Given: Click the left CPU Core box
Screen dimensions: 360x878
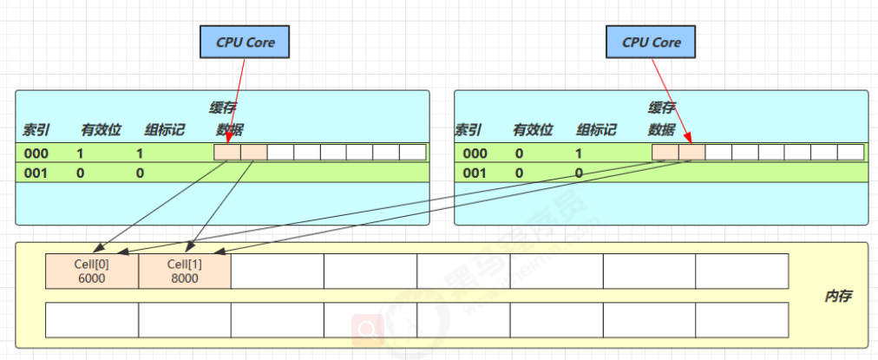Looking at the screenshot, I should point(243,43).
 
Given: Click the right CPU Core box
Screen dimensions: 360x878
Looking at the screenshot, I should point(652,43).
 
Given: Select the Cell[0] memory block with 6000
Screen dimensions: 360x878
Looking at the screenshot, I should point(92,271).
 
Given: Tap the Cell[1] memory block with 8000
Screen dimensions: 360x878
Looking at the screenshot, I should point(184,271).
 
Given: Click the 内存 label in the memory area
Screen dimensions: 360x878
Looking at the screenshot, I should point(837,297).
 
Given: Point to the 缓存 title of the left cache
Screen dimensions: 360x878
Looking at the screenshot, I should point(223,108).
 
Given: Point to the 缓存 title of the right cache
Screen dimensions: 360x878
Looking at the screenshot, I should point(661,108).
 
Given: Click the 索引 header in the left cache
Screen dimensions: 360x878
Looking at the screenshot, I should point(36,130).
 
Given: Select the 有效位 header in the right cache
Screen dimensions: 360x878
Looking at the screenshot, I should point(533,130).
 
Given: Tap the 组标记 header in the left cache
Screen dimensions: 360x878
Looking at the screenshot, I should point(163,130).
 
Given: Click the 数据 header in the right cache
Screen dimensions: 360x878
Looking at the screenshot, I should point(661,130).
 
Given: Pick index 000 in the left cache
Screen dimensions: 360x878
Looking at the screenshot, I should point(37,154).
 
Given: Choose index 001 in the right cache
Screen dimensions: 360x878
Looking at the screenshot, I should point(475,173).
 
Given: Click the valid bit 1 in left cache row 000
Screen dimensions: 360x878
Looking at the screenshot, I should point(80,154).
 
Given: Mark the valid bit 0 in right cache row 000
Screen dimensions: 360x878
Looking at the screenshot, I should point(519,154).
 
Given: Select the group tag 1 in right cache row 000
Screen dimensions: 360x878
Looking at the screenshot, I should point(578,154).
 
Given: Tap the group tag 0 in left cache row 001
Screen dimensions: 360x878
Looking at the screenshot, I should point(140,173).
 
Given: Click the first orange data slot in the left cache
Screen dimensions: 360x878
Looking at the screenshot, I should point(227,153).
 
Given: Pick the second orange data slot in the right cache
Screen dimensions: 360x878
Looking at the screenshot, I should point(691,153).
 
